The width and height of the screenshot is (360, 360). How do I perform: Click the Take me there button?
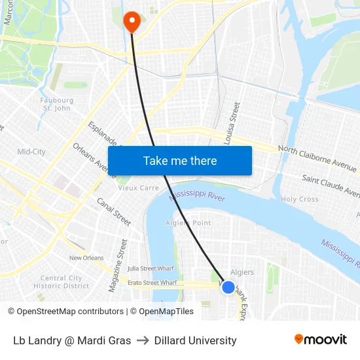click(x=180, y=160)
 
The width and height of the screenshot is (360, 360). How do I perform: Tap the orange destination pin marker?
click(x=132, y=21)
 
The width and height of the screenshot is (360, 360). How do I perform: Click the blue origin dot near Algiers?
click(x=228, y=287)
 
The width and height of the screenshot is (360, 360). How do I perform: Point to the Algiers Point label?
click(x=189, y=223)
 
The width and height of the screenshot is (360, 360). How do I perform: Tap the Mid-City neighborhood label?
click(x=31, y=152)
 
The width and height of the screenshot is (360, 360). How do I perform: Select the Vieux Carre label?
click(x=138, y=187)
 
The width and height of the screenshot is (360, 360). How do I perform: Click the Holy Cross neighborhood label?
click(x=299, y=199)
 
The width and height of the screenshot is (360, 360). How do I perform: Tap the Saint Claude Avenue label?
click(x=331, y=185)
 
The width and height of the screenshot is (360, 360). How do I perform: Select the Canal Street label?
click(x=114, y=211)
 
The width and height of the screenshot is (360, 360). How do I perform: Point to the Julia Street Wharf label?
click(x=151, y=268)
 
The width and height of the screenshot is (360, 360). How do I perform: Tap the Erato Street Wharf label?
click(x=152, y=283)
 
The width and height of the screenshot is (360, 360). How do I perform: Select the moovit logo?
click(x=320, y=340)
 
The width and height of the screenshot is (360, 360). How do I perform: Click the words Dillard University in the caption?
click(x=195, y=340)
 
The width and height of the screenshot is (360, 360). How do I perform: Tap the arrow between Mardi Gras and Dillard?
click(x=142, y=340)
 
